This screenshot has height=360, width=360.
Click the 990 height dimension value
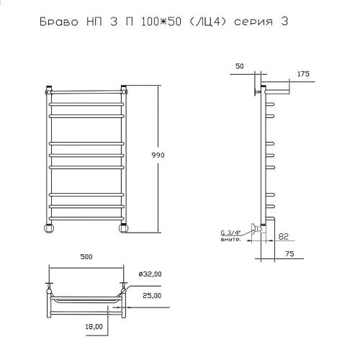(x=158, y=155)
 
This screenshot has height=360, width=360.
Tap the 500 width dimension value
(x=86, y=257)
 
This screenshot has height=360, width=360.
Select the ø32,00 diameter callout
(x=150, y=274)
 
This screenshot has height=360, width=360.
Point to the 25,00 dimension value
(x=152, y=295)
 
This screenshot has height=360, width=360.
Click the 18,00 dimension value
(x=94, y=326)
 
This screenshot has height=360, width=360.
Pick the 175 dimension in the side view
(x=303, y=73)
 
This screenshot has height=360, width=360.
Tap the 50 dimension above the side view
(x=239, y=66)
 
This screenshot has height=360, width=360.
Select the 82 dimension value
(x=284, y=236)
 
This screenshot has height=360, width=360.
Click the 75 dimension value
(x=290, y=253)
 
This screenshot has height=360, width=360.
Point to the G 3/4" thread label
(x=231, y=233)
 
